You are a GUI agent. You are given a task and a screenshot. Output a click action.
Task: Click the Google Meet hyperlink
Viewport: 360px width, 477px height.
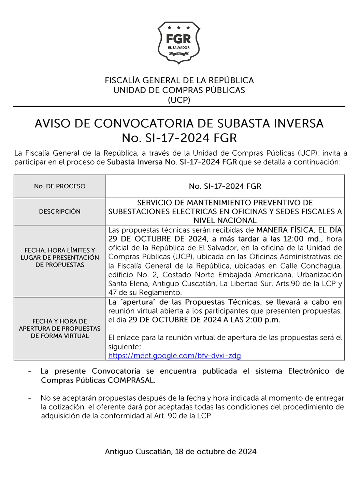click(174, 356)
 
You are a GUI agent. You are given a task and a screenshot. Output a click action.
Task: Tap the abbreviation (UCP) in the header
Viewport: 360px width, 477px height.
click(179, 100)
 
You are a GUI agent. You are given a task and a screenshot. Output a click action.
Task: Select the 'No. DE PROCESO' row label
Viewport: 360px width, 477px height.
click(60, 186)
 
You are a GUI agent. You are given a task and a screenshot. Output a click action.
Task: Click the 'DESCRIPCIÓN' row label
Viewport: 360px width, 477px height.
click(60, 212)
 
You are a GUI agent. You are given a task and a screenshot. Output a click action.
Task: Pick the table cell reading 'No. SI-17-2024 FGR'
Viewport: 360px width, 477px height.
click(225, 186)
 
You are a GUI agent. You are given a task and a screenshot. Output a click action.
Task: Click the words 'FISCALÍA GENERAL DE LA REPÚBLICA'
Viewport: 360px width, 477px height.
click(179, 81)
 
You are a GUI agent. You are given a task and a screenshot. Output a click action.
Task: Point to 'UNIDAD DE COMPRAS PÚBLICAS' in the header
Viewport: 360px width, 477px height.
click(179, 90)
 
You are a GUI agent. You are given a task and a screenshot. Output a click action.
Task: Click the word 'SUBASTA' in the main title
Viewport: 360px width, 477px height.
click(239, 124)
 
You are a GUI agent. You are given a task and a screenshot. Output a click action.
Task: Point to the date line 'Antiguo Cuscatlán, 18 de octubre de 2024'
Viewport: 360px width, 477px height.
click(181, 452)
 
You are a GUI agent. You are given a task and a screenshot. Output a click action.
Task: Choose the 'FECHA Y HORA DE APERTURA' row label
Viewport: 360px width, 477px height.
click(60, 328)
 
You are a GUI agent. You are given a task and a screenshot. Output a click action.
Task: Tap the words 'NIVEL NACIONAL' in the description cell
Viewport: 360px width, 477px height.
click(225, 220)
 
